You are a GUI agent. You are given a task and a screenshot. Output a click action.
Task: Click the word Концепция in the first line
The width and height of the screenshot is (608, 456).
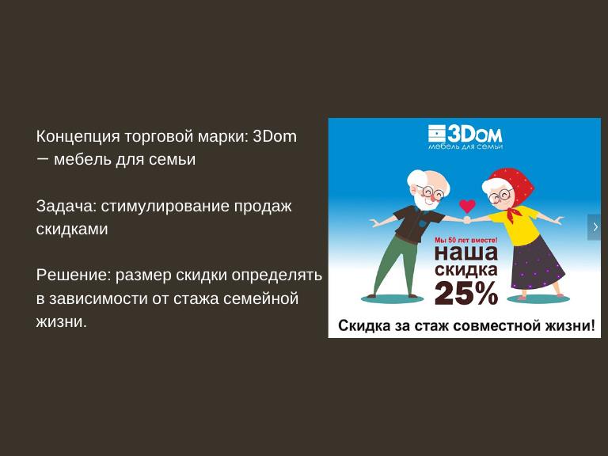tap(78, 137)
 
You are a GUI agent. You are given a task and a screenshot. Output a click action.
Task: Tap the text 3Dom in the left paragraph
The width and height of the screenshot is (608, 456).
tap(275, 136)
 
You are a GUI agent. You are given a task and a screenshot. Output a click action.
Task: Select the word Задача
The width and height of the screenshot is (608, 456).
tap(66, 207)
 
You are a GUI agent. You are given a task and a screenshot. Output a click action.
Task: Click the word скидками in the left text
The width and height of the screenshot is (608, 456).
tap(72, 229)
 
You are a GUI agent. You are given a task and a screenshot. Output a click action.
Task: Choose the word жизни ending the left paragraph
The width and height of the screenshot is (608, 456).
tap(61, 322)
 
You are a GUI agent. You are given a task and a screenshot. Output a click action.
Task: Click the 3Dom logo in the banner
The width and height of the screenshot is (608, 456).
tap(465, 134)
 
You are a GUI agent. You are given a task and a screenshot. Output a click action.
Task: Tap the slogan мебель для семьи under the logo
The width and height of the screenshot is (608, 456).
tap(465, 146)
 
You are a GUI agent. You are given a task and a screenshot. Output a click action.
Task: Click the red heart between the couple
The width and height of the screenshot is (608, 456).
tap(467, 206)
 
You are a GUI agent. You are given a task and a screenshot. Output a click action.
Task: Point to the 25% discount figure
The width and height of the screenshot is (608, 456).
tap(466, 293)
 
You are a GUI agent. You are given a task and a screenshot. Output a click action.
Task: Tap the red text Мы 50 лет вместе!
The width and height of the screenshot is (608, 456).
tap(465, 241)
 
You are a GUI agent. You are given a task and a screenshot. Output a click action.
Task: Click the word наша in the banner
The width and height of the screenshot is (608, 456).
tap(466, 253)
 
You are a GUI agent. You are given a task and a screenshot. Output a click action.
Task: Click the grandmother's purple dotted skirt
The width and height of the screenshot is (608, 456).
tap(537, 266)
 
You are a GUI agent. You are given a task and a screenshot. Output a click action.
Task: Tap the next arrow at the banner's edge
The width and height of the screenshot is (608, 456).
tap(595, 227)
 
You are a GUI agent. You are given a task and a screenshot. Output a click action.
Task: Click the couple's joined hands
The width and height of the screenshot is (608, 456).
tap(467, 220)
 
